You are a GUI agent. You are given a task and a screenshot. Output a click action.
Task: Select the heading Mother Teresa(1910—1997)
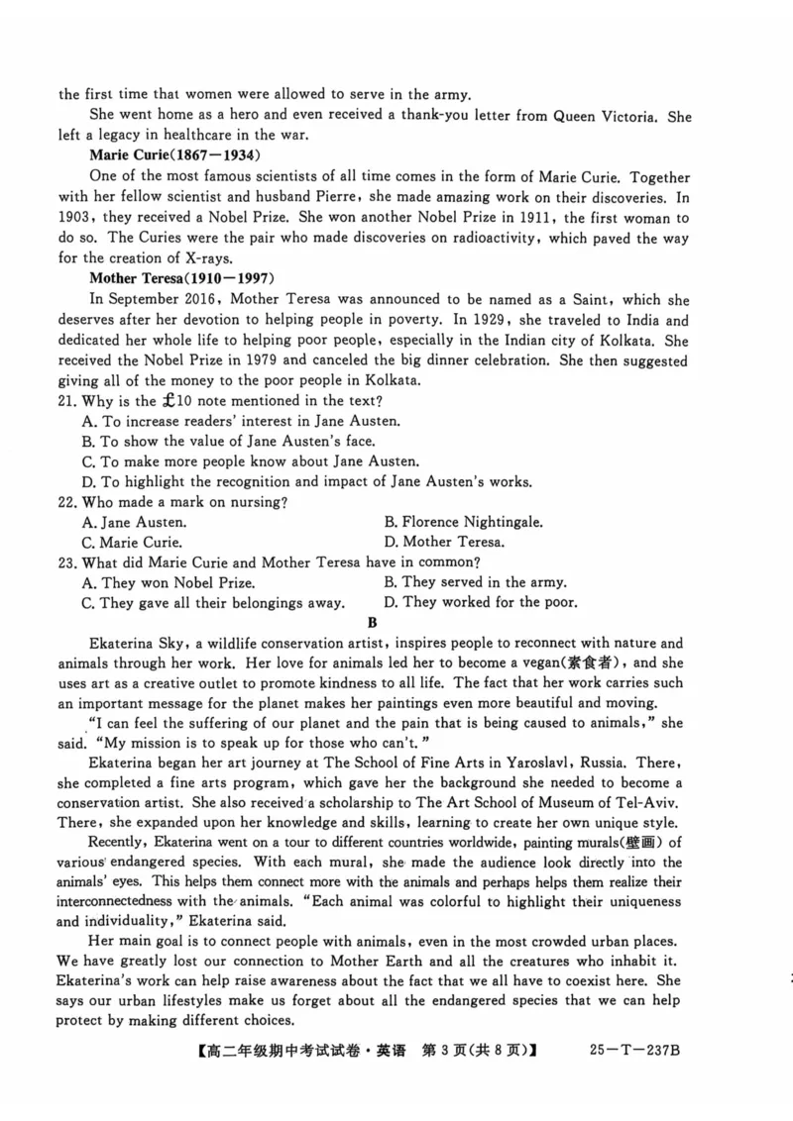[x=181, y=278]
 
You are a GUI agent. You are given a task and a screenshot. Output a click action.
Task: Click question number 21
[x=68, y=401]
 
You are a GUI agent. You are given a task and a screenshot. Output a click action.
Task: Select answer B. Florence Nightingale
[x=463, y=522]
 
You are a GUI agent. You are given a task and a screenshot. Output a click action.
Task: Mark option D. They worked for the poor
[x=481, y=602]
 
